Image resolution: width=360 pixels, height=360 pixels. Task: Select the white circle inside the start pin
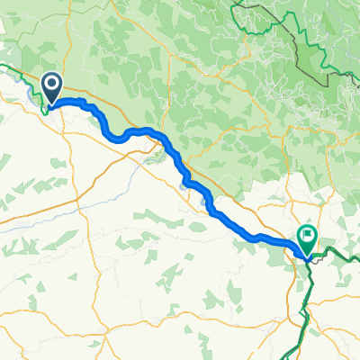pos(51,85)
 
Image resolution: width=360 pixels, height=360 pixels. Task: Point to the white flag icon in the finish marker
pos(309,237)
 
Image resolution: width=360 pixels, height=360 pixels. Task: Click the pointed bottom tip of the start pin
pos(51,105)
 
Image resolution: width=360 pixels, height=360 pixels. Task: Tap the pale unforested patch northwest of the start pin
pos(18,36)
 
